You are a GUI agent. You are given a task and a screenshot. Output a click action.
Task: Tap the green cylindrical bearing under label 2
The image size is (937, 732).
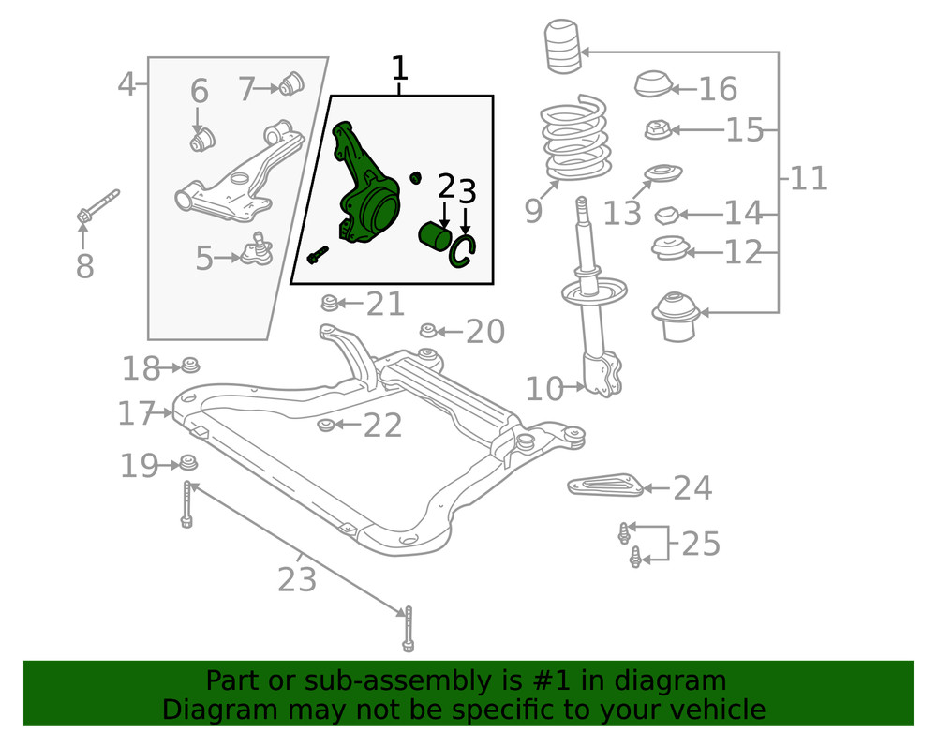[x=435, y=237]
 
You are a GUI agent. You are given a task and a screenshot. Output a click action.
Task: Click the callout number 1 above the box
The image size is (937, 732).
[x=399, y=68]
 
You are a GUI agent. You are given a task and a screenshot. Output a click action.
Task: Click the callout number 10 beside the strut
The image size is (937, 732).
[x=544, y=388]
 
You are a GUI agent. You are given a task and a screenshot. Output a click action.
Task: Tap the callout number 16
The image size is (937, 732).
[x=718, y=89]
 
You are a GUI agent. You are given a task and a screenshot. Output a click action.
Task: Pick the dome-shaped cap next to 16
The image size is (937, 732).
[x=653, y=84]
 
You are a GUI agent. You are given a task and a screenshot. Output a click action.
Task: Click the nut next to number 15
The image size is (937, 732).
[x=657, y=129]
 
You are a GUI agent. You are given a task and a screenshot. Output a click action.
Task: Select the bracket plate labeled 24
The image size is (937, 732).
[x=603, y=485]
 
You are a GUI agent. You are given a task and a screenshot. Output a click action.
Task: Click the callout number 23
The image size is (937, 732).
[x=297, y=580]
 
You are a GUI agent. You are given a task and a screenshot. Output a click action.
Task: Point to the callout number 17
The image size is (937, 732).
[x=137, y=413]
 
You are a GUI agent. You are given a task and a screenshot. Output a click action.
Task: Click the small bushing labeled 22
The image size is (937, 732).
[x=326, y=426]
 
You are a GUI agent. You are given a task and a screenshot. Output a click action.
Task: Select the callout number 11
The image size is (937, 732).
[x=809, y=177]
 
